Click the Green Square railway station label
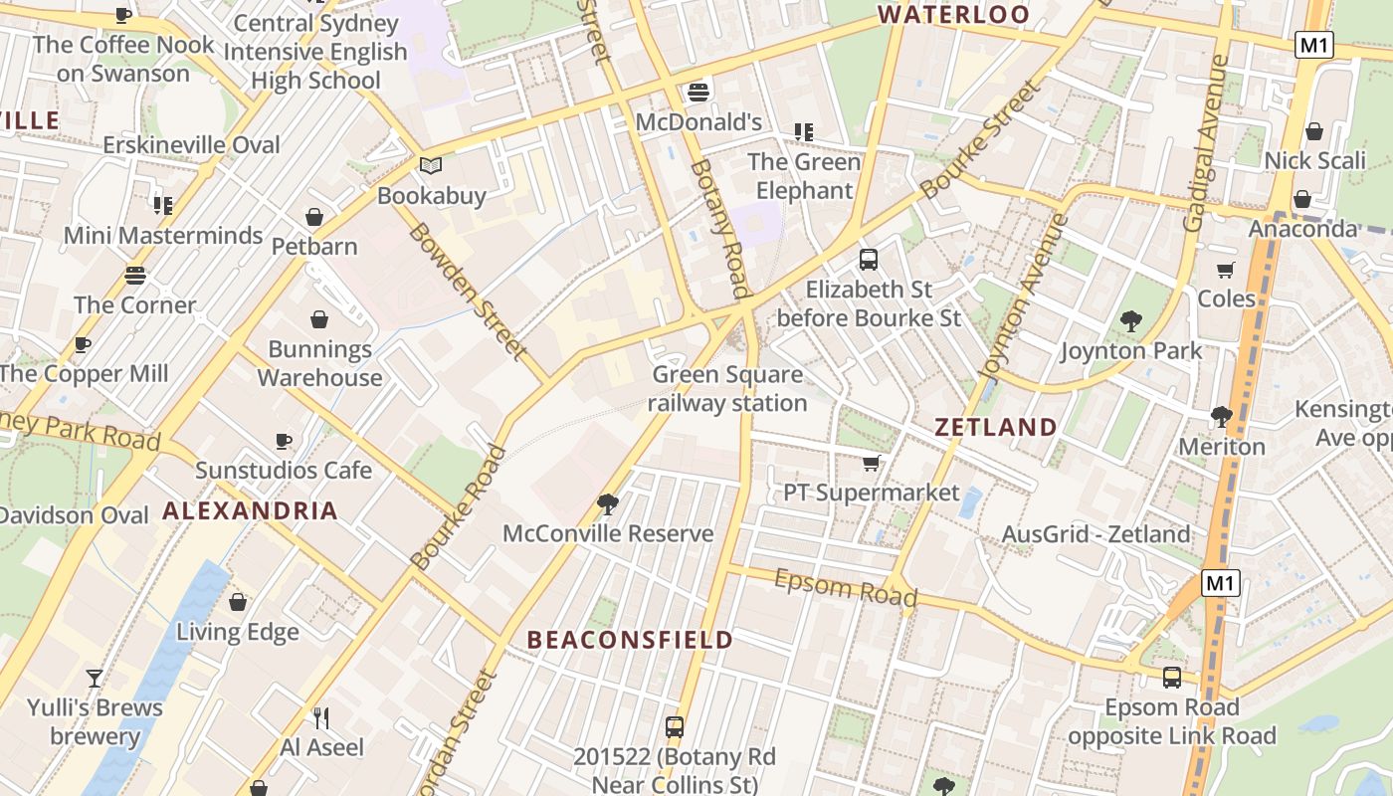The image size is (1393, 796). [x=727, y=389]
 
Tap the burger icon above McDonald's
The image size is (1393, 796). [x=698, y=93]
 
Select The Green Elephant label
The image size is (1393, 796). [x=803, y=176]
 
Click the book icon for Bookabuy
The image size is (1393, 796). [x=431, y=166]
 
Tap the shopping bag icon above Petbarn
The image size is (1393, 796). [x=314, y=217]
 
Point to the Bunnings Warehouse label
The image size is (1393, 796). [x=319, y=363]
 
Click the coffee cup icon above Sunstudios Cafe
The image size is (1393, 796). [x=284, y=441]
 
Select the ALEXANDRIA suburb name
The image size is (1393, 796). [x=250, y=511]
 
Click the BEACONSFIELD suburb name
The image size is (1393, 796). [x=630, y=640]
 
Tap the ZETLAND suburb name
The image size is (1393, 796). [x=996, y=428]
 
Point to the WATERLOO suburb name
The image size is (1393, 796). [x=953, y=15]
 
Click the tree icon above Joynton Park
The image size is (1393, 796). [x=1130, y=321]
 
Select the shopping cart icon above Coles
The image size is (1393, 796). [x=1226, y=270]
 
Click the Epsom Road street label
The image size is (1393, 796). [x=845, y=587]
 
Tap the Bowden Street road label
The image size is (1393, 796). [x=466, y=291]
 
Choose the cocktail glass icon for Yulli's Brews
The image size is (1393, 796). [x=95, y=679]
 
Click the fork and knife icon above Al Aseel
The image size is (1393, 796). [x=321, y=717]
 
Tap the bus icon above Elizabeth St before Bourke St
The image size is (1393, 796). [x=869, y=260]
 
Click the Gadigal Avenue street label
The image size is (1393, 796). [x=1205, y=144]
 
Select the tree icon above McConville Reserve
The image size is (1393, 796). [x=608, y=504]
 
